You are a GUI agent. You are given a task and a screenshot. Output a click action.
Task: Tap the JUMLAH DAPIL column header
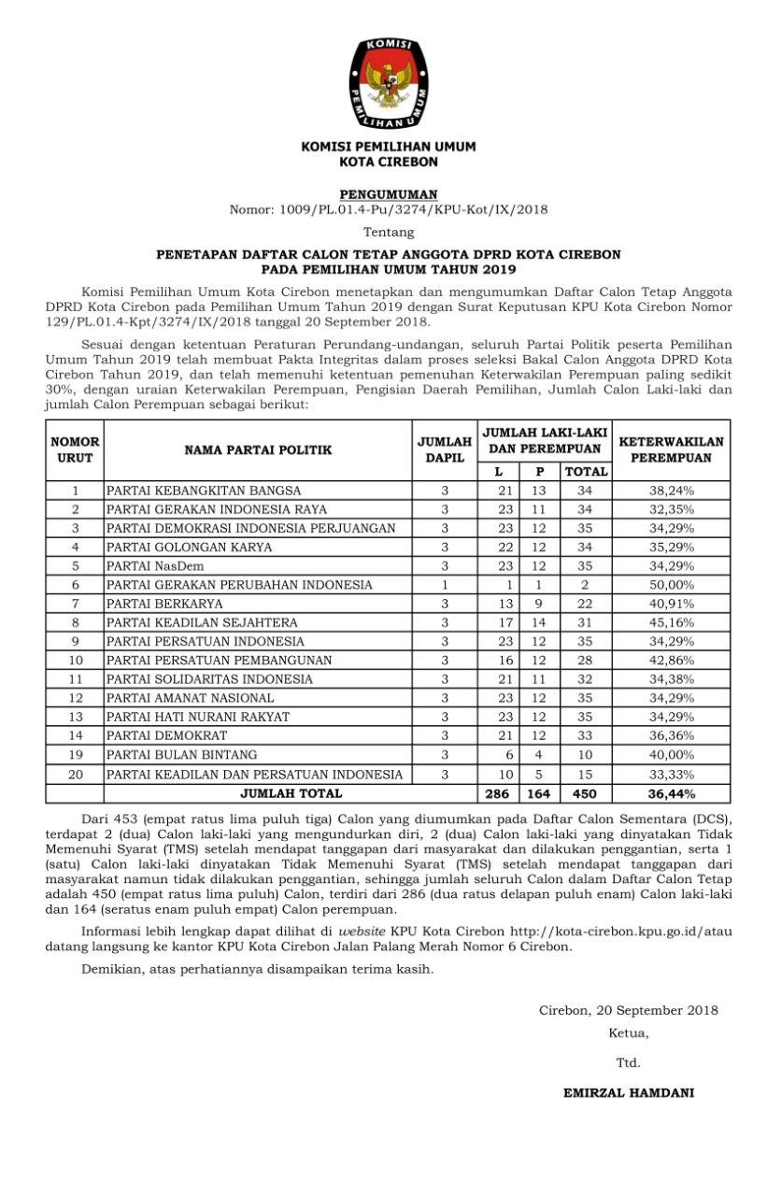445,449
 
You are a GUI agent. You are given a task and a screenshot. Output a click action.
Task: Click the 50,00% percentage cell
671,585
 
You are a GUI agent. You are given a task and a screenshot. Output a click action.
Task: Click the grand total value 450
586,794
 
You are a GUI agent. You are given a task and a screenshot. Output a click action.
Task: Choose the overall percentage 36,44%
671,794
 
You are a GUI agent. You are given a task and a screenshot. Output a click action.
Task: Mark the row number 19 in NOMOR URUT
75,755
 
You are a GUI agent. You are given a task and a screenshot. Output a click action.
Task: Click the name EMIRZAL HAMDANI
628,1092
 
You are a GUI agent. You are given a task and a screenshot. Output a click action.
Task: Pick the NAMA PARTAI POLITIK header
258,449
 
